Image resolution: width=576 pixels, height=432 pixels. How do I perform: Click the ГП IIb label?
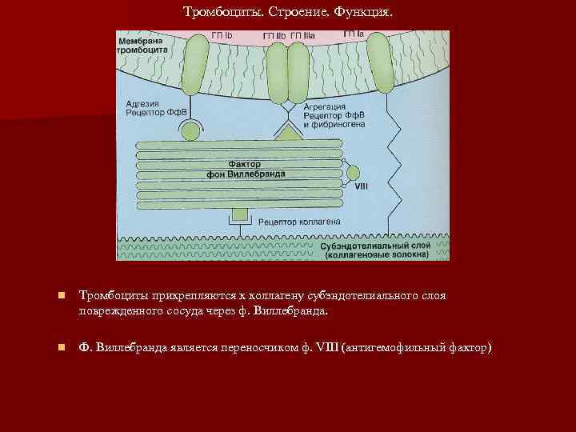click(274, 37)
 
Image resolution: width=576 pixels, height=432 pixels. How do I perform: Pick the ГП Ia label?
click(354, 34)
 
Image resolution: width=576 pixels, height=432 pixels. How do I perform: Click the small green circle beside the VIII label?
click(353, 172)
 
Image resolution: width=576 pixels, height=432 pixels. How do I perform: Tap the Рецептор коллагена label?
click(300, 221)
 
